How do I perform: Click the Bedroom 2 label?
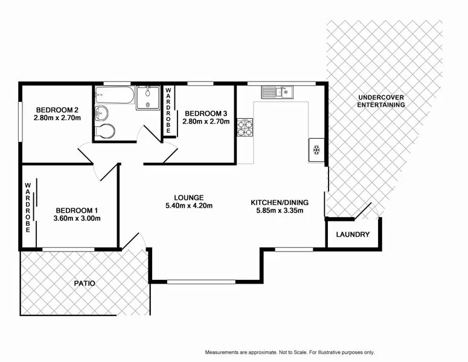pyautogui.click(x=58, y=109)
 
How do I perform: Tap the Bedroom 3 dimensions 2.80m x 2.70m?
pyautogui.click(x=207, y=121)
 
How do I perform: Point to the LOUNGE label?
pyautogui.click(x=188, y=197)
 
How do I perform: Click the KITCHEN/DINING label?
pyautogui.click(x=280, y=202)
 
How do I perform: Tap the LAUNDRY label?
pyautogui.click(x=353, y=235)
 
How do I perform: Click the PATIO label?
pyautogui.click(x=85, y=283)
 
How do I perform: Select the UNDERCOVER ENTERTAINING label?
pyautogui.click(x=381, y=101)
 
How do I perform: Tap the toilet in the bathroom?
pyautogui.click(x=104, y=131)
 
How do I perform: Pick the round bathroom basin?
pyautogui.click(x=102, y=112)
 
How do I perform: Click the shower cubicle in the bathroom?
pyautogui.click(x=147, y=98)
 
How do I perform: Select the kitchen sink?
pyautogui.click(x=277, y=92)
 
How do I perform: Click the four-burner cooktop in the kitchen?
pyautogui.click(x=245, y=127)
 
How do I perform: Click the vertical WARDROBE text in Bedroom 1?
pyautogui.click(x=28, y=208)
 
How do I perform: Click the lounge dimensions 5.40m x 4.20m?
pyautogui.click(x=188, y=206)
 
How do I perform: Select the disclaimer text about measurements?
pyautogui.click(x=290, y=352)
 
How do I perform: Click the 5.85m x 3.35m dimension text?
pyautogui.click(x=280, y=211)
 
